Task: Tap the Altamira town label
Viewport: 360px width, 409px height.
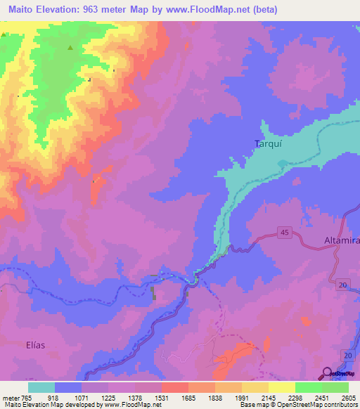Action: (x=340, y=240)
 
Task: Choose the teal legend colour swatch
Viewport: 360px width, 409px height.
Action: (x=41, y=387)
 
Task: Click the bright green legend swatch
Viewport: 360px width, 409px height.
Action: (x=309, y=387)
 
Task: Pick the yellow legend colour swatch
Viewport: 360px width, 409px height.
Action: (x=282, y=387)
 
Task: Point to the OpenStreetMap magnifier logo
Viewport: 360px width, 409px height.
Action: (x=327, y=372)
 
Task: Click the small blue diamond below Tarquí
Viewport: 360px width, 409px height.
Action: (x=283, y=164)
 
